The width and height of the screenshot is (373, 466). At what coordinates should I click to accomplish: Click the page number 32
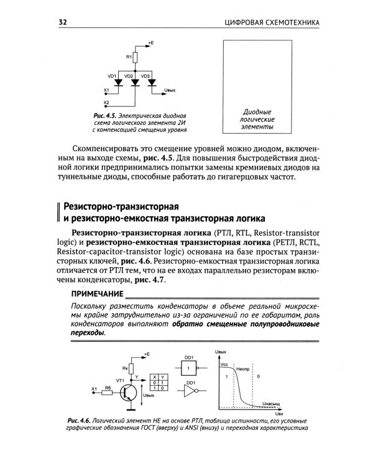click(62, 23)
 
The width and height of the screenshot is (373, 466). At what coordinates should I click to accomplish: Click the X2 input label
click(106, 102)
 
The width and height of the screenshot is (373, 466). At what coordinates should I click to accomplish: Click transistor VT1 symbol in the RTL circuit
click(129, 392)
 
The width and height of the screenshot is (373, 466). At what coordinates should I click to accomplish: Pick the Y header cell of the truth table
click(162, 377)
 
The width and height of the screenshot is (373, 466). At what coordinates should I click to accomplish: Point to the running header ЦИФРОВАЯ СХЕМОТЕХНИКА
click(271, 23)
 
